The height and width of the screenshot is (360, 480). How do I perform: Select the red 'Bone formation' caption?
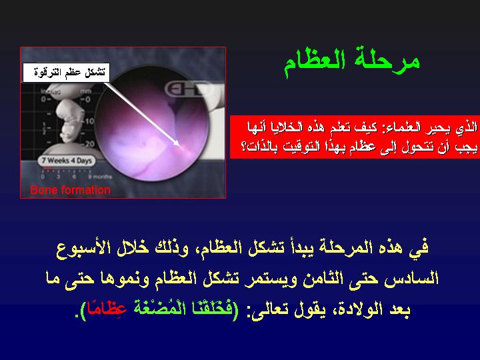point(70,190)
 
